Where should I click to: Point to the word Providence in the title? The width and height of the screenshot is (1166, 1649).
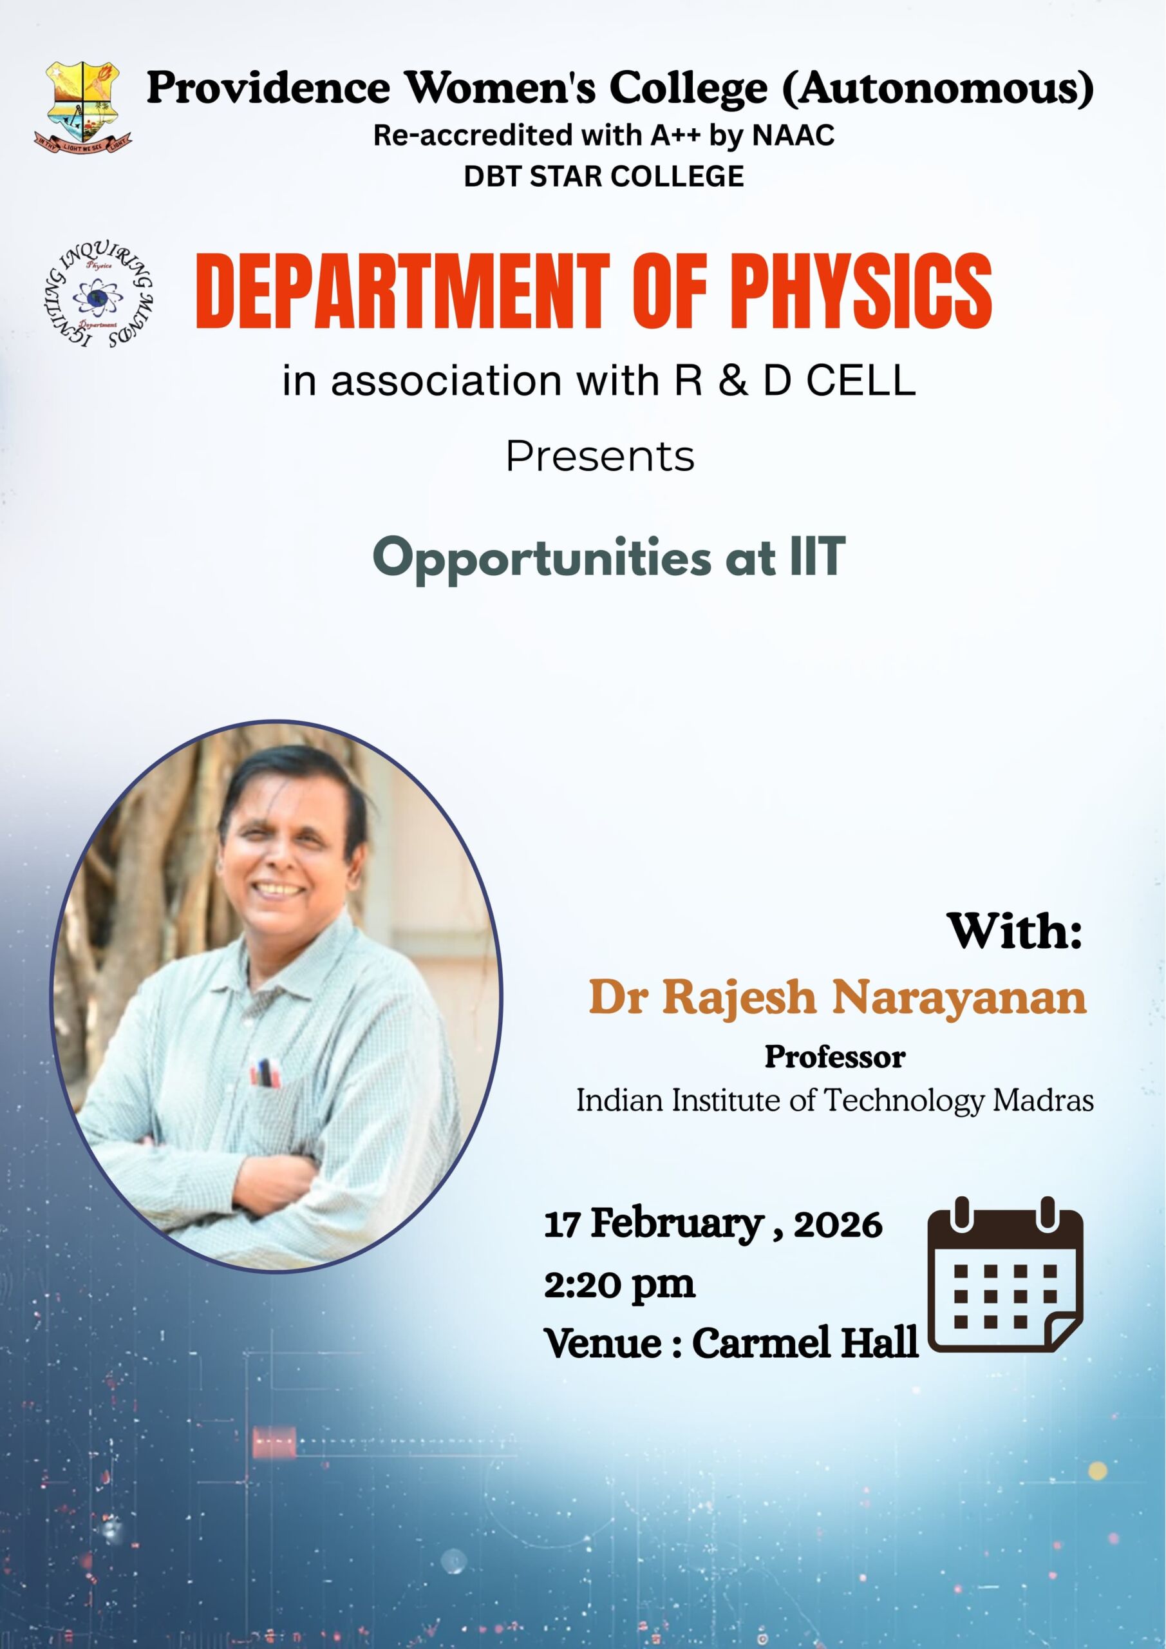[268, 88]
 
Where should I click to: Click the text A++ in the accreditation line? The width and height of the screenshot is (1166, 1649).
[678, 135]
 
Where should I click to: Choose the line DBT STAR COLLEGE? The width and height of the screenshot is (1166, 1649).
[604, 176]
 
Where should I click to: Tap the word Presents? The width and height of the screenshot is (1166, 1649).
[600, 457]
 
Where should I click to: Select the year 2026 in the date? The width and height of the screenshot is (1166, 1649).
[837, 1225]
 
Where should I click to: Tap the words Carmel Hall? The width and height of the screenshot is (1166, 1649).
[805, 1342]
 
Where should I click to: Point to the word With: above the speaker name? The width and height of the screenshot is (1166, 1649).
[1015, 931]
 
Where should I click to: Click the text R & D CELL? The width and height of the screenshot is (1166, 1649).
[795, 380]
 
